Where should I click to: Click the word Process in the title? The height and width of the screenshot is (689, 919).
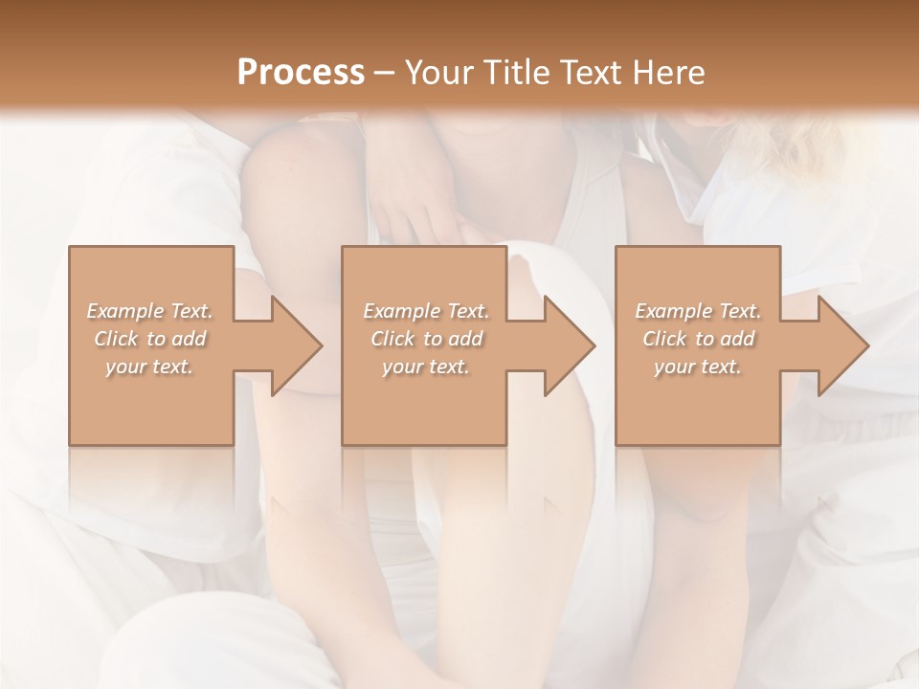(301, 72)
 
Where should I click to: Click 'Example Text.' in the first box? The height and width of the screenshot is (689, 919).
(149, 311)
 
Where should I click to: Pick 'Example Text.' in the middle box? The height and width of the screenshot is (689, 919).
(426, 311)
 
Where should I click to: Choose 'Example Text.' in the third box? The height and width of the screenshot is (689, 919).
(698, 311)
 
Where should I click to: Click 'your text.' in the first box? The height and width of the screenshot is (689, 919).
(149, 367)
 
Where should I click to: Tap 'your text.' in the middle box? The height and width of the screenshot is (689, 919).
(426, 367)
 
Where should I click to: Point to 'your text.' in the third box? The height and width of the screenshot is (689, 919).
(698, 367)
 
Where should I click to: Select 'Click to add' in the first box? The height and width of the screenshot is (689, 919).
(149, 339)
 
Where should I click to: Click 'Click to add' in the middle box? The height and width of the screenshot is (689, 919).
(426, 339)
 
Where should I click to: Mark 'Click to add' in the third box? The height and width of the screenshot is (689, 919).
(698, 339)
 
